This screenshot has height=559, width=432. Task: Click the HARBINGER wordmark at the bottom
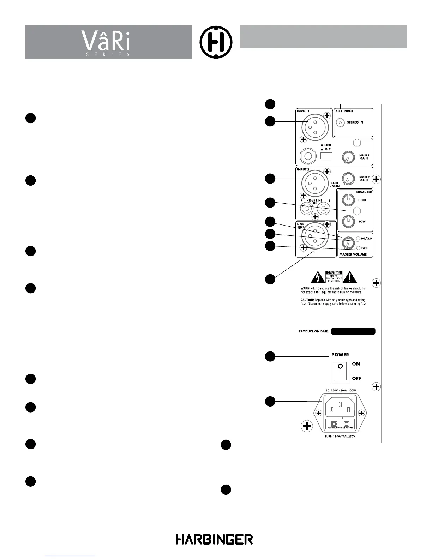(x=214, y=539)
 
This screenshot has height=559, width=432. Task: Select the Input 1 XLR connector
(x=313, y=127)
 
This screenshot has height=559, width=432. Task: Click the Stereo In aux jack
(x=340, y=122)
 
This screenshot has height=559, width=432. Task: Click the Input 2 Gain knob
(x=348, y=179)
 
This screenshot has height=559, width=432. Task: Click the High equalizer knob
(x=348, y=199)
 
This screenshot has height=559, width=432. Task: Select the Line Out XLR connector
(x=313, y=237)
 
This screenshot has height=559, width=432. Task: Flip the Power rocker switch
(x=340, y=371)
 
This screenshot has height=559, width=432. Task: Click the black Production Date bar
(x=353, y=331)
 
